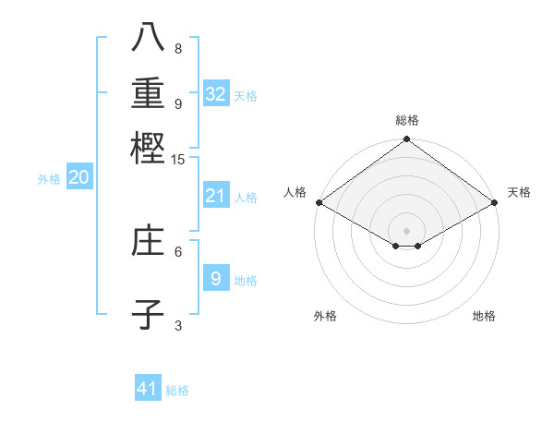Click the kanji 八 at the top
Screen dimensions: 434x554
(148, 36)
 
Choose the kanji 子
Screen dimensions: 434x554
(148, 315)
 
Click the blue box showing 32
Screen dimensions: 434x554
(216, 94)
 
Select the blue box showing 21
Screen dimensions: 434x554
(216, 196)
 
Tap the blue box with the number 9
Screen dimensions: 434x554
(216, 278)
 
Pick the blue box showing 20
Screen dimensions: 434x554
(78, 178)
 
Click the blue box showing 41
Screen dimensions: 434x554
(148, 389)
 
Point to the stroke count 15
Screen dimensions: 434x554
(178, 160)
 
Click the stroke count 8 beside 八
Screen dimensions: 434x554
(178, 49)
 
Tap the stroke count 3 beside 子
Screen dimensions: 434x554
(178, 325)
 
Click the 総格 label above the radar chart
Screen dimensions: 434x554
(407, 121)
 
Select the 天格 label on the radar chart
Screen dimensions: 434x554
(519, 192)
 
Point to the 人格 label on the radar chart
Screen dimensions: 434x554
(295, 192)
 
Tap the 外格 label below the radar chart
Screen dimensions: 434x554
(325, 316)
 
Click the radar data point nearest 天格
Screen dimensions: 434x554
(496, 202)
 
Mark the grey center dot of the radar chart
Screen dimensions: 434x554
(407, 230)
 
